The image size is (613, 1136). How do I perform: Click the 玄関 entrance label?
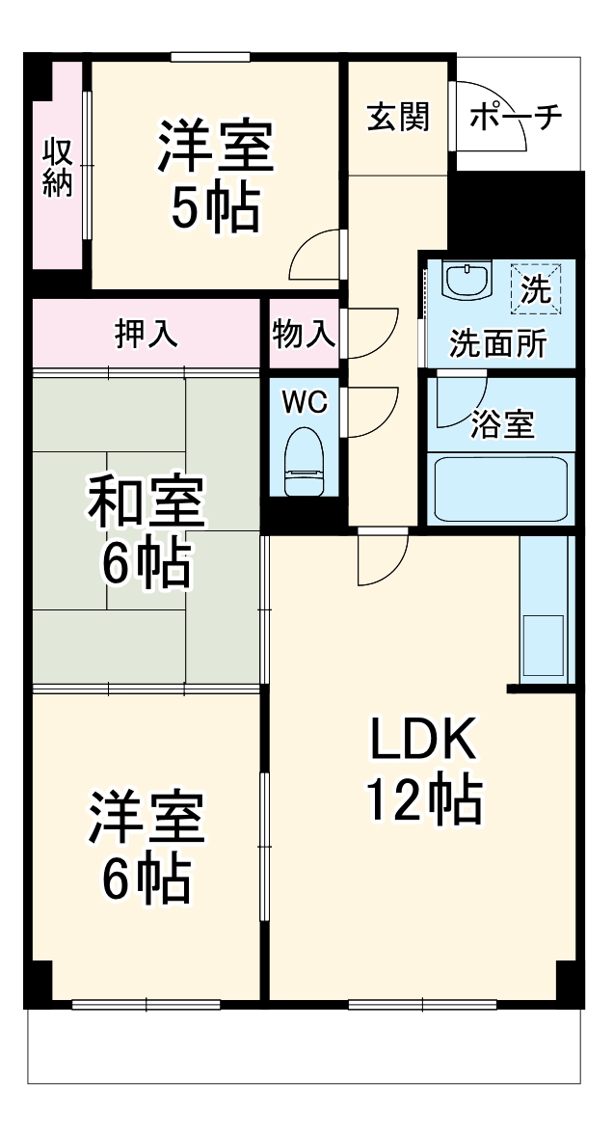pyautogui.click(x=398, y=118)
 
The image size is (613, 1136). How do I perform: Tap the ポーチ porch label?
pyautogui.click(x=516, y=118)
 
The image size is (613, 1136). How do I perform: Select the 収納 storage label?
pyautogui.click(x=58, y=168)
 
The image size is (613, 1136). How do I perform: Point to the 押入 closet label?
pyautogui.click(x=147, y=334)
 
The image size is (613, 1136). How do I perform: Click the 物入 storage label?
pyautogui.click(x=304, y=334)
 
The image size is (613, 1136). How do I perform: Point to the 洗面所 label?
pyautogui.click(x=499, y=343)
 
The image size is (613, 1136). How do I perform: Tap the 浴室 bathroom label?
pyautogui.click(x=502, y=424)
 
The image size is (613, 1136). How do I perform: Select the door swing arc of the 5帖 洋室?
pyautogui.click(x=317, y=256)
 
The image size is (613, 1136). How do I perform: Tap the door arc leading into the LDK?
pyautogui.click(x=381, y=559)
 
